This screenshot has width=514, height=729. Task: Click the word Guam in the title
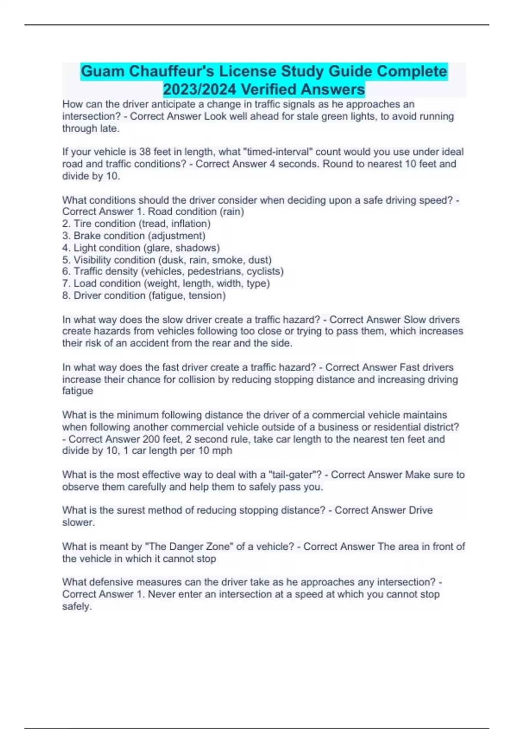click(x=103, y=71)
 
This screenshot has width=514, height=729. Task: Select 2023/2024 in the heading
click(x=199, y=90)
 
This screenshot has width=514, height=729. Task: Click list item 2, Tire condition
click(x=136, y=224)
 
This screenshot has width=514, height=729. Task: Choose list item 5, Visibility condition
click(x=167, y=260)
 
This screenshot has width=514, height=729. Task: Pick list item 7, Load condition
click(x=166, y=283)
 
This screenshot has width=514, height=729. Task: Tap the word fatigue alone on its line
click(x=78, y=391)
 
